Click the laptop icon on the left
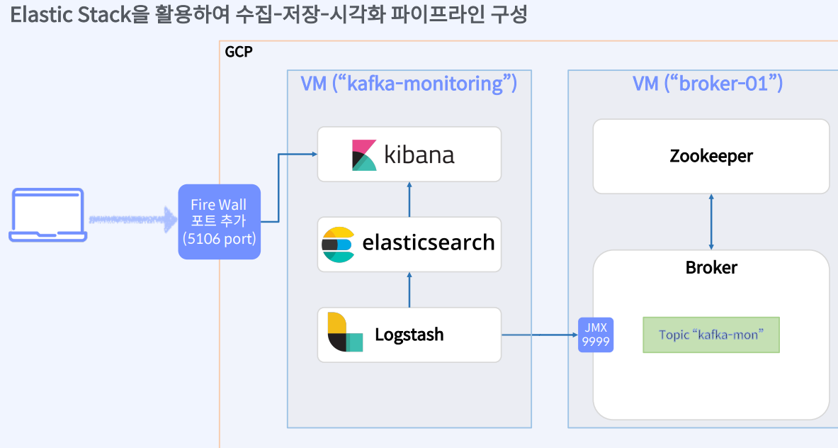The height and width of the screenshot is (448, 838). pyautogui.click(x=48, y=215)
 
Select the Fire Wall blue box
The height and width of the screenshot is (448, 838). pyautogui.click(x=219, y=222)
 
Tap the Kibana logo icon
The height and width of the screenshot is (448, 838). pyautogui.click(x=364, y=155)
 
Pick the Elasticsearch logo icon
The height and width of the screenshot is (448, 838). pyautogui.click(x=337, y=245)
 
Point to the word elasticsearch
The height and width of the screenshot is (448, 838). pyautogui.click(x=428, y=243)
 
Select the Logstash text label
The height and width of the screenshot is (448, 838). pyautogui.click(x=409, y=334)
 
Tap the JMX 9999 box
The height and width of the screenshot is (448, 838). pyautogui.click(x=596, y=335)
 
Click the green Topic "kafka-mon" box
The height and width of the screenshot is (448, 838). pyautogui.click(x=710, y=335)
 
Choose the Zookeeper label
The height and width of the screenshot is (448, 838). pyautogui.click(x=710, y=156)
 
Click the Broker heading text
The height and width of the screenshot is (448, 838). pyautogui.click(x=710, y=267)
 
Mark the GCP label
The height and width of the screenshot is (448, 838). pyautogui.click(x=238, y=52)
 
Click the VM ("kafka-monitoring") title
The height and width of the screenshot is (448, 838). pyautogui.click(x=409, y=84)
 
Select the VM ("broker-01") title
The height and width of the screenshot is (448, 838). pyautogui.click(x=707, y=84)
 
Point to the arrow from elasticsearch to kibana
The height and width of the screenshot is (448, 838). pyautogui.click(x=409, y=199)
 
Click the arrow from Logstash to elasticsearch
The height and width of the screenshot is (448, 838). pyautogui.click(x=409, y=289)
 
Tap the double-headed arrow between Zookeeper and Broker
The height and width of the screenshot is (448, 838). pyautogui.click(x=710, y=221)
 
